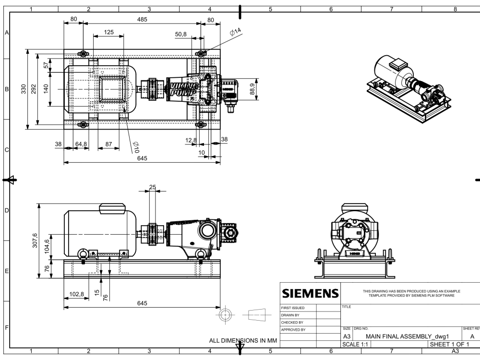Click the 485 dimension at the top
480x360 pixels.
coord(142,19)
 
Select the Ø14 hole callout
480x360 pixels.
coord(236,32)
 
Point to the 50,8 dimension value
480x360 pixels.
coord(181,35)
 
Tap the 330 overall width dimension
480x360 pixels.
coord(24,89)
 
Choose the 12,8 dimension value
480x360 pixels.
coord(191,140)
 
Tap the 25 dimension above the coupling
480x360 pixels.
coord(152,187)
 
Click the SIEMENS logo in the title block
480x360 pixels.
coord(309,293)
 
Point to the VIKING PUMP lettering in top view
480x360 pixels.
coord(181,89)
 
